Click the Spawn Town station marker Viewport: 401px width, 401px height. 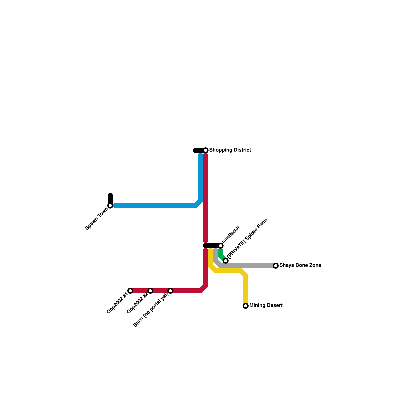(x=110, y=206)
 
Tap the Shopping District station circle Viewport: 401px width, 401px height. (x=206, y=150)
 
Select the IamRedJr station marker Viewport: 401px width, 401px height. (x=221, y=246)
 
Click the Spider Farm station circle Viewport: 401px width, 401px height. (x=226, y=261)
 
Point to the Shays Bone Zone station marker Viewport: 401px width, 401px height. (x=276, y=266)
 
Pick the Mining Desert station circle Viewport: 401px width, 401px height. (x=246, y=306)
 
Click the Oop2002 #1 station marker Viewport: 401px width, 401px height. (x=130, y=291)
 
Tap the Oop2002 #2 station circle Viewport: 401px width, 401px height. (x=150, y=291)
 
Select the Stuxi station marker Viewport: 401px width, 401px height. (x=170, y=291)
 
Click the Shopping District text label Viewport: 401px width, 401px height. (x=230, y=150)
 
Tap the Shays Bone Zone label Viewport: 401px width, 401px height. (x=300, y=265)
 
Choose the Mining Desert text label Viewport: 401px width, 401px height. (x=266, y=306)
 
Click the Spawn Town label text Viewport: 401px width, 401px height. (x=97, y=219)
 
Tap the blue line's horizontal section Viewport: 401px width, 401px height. (x=155, y=206)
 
